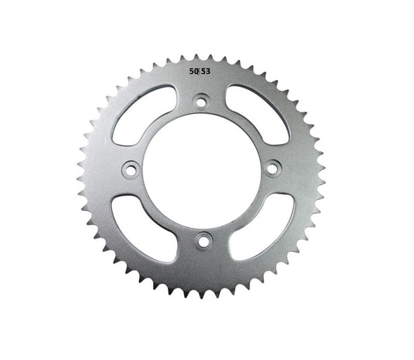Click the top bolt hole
(x=201, y=100)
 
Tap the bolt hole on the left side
(x=130, y=168)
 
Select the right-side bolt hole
(x=273, y=168)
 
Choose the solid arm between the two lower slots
(x=202, y=256)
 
